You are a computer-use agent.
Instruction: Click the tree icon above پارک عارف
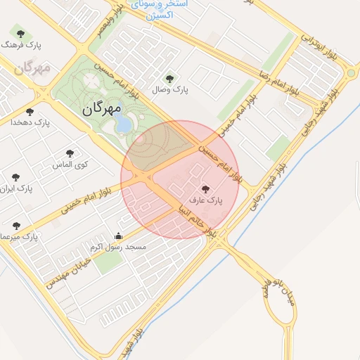pyautogui.click(x=205, y=188)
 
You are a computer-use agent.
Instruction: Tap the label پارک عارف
pyautogui.click(x=205, y=200)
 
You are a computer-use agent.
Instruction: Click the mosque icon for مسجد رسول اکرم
pyautogui.click(x=118, y=236)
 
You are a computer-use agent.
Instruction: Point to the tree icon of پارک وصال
pyautogui.click(x=168, y=78)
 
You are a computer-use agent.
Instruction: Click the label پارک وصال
pyautogui.click(x=169, y=89)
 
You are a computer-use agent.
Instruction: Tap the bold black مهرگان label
pyautogui.click(x=102, y=109)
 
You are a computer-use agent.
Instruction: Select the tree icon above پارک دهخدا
pyautogui.click(x=30, y=111)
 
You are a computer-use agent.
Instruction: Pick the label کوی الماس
pyautogui.click(x=69, y=164)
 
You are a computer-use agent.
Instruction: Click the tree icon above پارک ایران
pyautogui.click(x=16, y=177)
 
